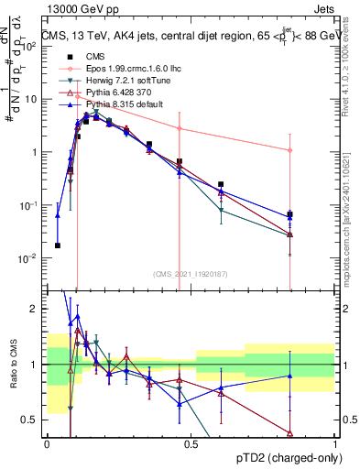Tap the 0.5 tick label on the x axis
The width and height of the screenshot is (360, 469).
[191, 444]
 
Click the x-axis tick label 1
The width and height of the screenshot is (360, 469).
[335, 444]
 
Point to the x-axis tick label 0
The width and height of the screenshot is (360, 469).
[47, 444]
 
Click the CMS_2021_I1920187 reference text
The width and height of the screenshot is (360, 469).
[191, 274]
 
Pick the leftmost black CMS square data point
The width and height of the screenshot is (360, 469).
[58, 245]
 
